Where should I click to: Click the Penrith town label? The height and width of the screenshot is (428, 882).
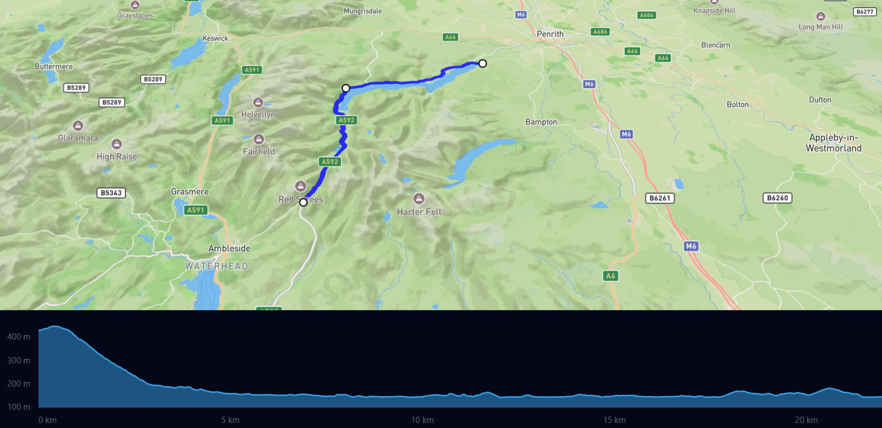click(550, 34)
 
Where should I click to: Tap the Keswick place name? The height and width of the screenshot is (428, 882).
click(215, 39)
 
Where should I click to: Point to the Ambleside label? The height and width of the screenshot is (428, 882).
click(229, 248)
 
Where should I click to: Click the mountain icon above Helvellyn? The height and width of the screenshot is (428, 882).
click(258, 103)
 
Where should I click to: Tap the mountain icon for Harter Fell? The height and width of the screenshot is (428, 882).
click(419, 198)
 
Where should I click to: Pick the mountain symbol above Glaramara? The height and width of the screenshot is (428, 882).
click(78, 125)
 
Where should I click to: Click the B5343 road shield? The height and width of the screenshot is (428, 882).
click(111, 193)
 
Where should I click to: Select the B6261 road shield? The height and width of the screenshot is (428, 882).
click(660, 198)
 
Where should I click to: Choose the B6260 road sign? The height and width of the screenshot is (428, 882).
click(778, 198)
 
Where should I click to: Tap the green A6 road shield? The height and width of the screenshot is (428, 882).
click(610, 276)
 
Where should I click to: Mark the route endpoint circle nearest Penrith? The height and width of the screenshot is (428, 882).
click(482, 63)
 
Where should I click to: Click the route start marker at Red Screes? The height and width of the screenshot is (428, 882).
click(303, 202)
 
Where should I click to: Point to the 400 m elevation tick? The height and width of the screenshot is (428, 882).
click(19, 337)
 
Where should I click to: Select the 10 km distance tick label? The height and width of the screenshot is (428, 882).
click(422, 420)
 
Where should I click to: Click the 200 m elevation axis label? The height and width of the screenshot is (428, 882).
click(19, 384)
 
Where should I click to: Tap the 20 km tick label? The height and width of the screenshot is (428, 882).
click(805, 420)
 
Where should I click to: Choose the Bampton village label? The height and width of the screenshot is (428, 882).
click(541, 122)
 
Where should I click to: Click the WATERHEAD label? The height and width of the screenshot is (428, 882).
click(217, 266)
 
